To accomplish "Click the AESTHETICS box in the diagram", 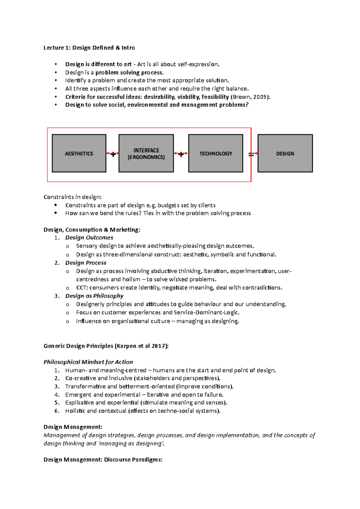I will point(79,153).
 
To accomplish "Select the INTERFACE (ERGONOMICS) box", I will point(146,153).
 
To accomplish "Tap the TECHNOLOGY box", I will point(216,153).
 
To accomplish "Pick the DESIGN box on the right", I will point(285,153).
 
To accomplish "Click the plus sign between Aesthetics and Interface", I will point(113,155).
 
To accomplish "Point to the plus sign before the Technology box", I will point(181,155).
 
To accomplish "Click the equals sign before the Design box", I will point(251,155).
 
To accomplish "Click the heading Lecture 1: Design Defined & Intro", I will point(89,48).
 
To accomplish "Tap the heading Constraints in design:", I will point(72,197).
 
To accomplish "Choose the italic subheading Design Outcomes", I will point(89,238).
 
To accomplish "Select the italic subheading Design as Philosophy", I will point(94,296).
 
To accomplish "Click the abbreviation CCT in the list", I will point(81,288).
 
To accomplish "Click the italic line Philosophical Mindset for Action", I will point(88,362).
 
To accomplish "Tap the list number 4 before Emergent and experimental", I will point(57,395).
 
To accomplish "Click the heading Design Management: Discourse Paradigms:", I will point(103,460).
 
